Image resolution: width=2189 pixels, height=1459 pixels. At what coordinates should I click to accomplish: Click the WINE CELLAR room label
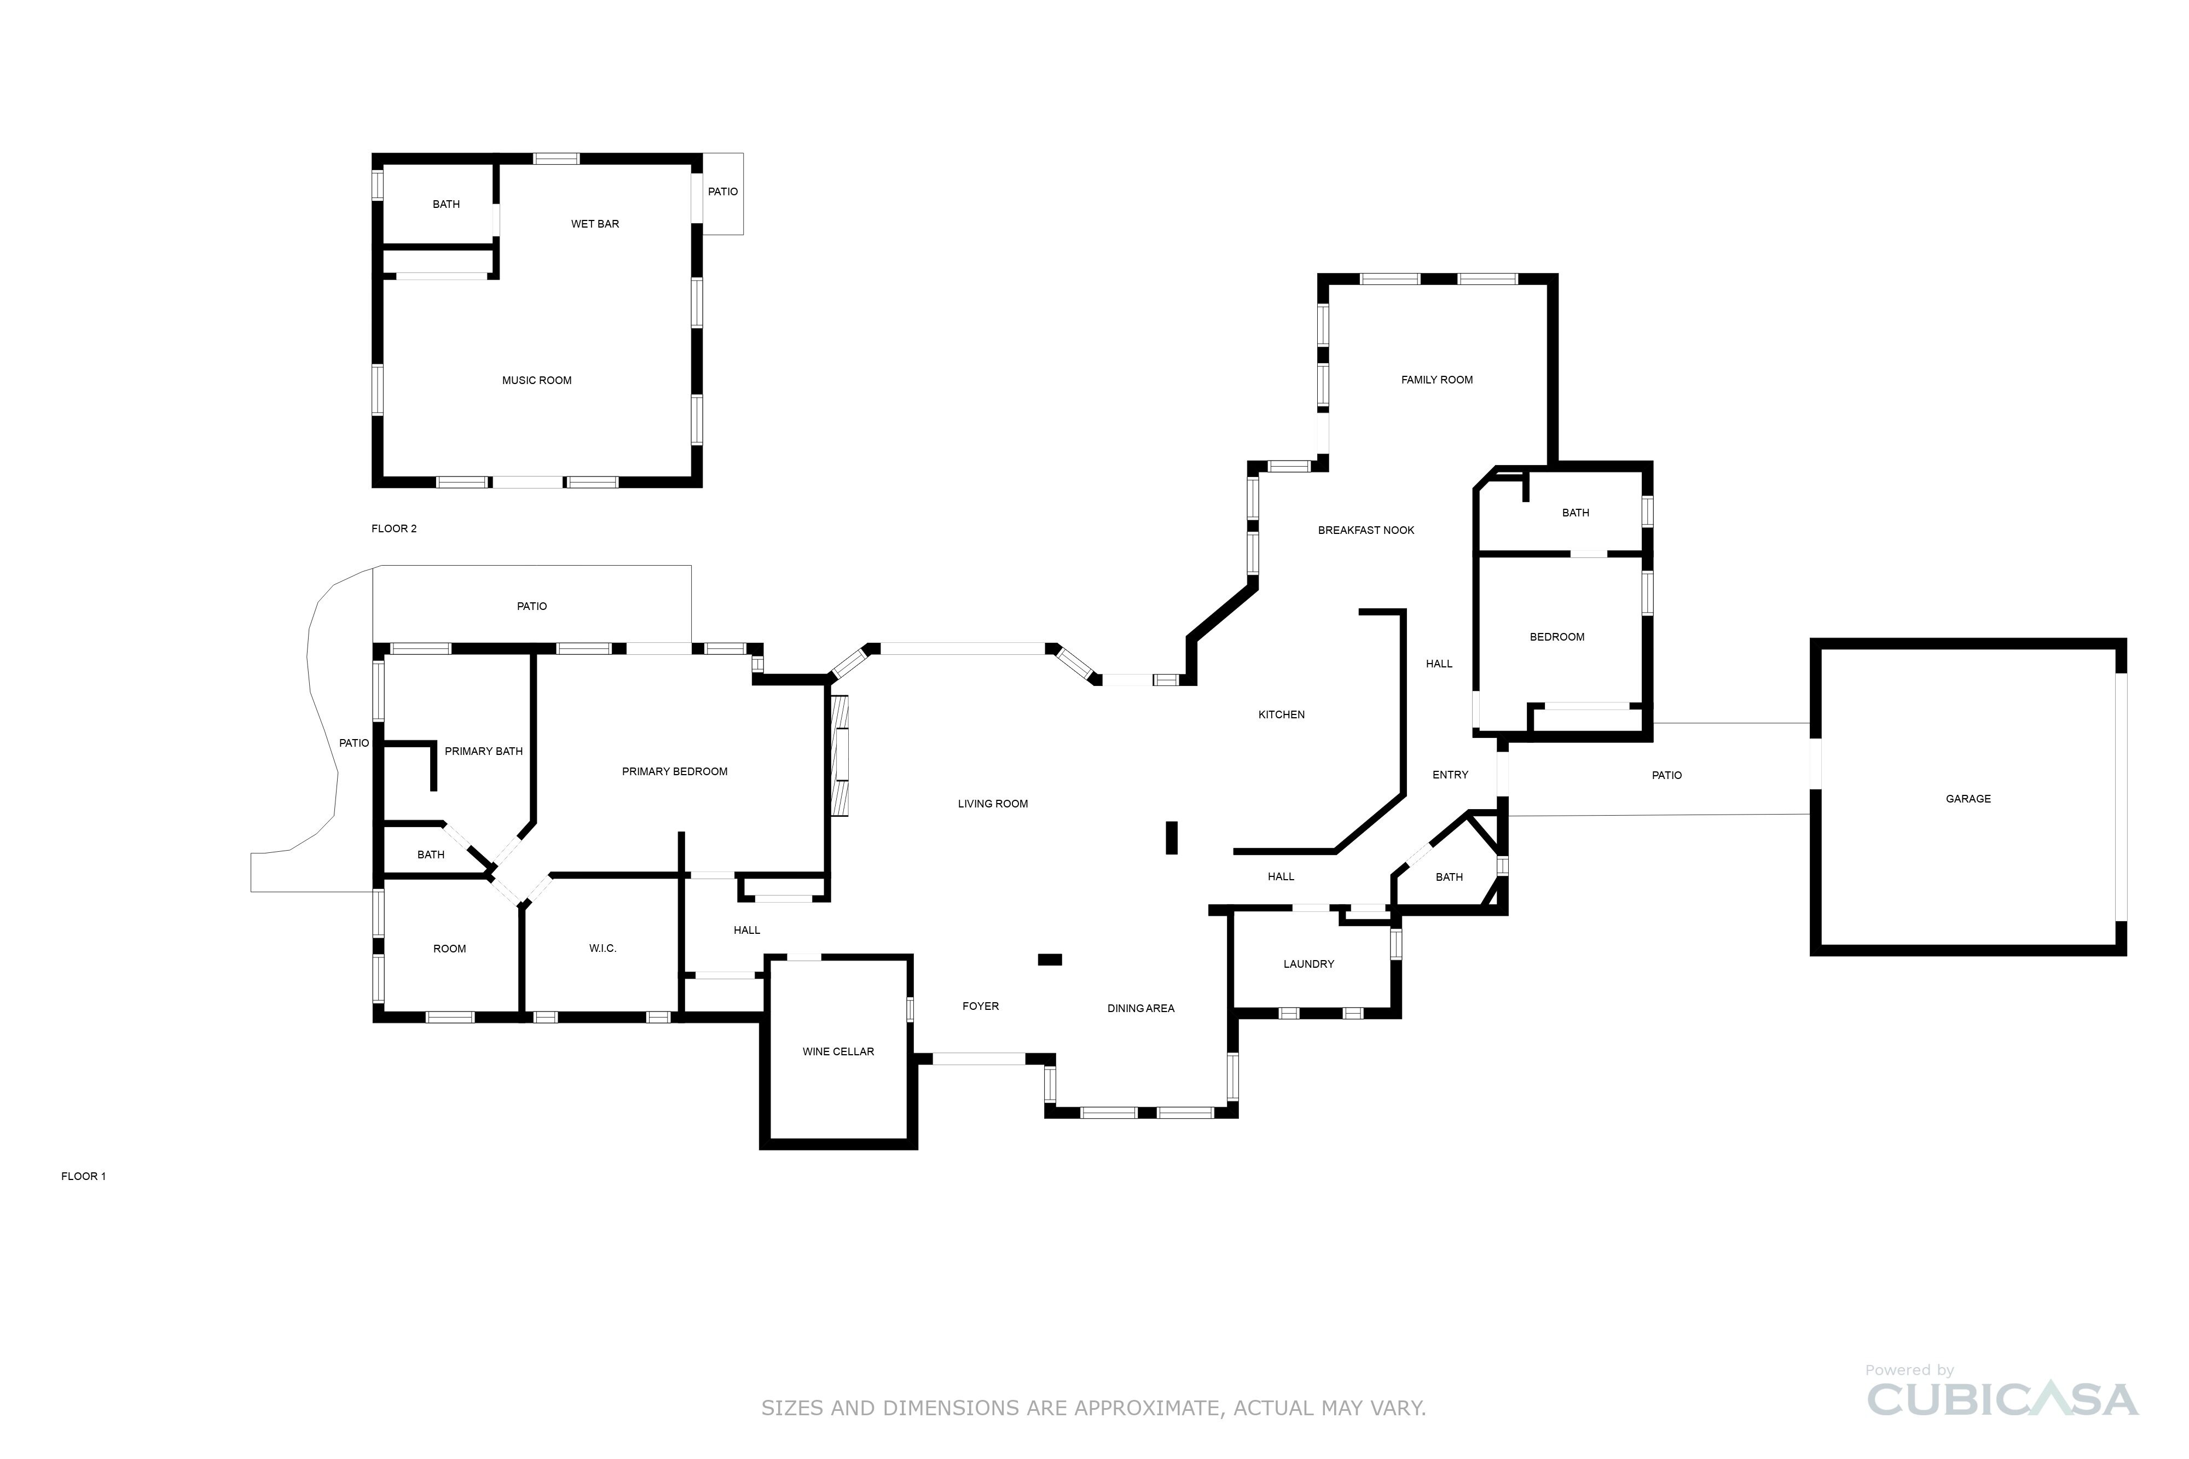pyautogui.click(x=838, y=1051)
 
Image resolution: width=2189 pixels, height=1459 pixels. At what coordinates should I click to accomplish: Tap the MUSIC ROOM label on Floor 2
pyautogui.click(x=536, y=381)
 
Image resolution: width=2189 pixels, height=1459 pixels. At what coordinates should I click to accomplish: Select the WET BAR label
pyautogui.click(x=595, y=224)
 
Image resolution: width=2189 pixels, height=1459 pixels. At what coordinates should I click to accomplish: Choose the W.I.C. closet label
pyautogui.click(x=602, y=948)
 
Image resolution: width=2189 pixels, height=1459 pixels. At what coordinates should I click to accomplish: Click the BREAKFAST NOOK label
pyautogui.click(x=1365, y=531)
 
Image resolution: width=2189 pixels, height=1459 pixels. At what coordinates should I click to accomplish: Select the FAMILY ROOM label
pyautogui.click(x=1436, y=380)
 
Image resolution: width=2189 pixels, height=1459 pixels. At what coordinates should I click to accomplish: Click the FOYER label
pyautogui.click(x=980, y=1006)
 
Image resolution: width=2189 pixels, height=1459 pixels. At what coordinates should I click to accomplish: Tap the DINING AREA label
pyautogui.click(x=1140, y=1009)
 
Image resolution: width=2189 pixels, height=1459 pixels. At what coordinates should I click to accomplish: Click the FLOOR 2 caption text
pyautogui.click(x=393, y=528)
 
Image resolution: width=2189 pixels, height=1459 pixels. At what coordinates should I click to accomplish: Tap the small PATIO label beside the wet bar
pyautogui.click(x=722, y=191)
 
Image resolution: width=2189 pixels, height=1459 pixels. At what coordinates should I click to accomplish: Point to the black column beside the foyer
pyautogui.click(x=1049, y=960)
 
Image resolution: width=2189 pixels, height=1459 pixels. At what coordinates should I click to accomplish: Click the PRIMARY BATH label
pyautogui.click(x=483, y=751)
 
